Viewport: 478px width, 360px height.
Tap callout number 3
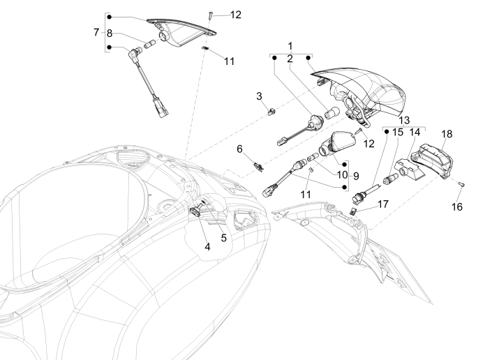point(258,96)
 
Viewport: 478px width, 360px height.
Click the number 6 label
point(239,149)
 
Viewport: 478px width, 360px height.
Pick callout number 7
point(96,32)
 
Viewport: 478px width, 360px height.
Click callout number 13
point(405,120)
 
